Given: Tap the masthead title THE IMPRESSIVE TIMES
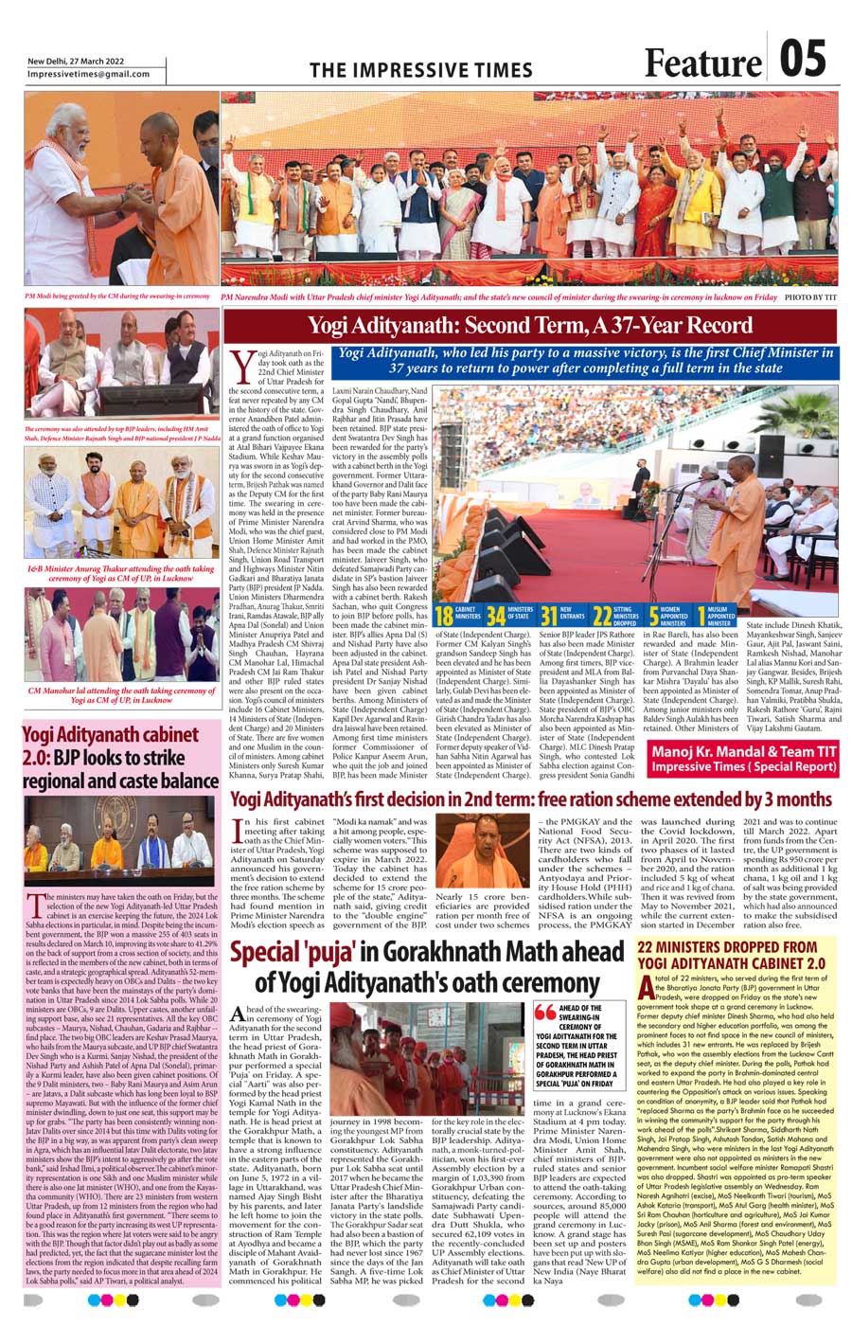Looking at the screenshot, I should pyautogui.click(x=421, y=70).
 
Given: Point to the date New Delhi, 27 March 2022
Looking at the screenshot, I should pyautogui.click(x=77, y=61).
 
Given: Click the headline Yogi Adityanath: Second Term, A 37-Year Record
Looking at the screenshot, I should pyautogui.click(x=529, y=326).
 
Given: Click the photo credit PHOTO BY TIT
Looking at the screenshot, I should pyautogui.click(x=811, y=296).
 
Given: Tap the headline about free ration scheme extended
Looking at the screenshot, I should pyautogui.click(x=530, y=799).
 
